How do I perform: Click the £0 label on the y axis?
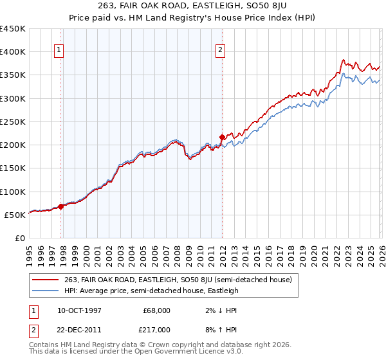coord(19,238)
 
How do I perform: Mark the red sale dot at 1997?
coord(61,206)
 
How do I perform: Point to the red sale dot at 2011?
coord(222,137)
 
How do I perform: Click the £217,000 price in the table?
coord(157,328)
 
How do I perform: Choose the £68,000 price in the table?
coord(157,310)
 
